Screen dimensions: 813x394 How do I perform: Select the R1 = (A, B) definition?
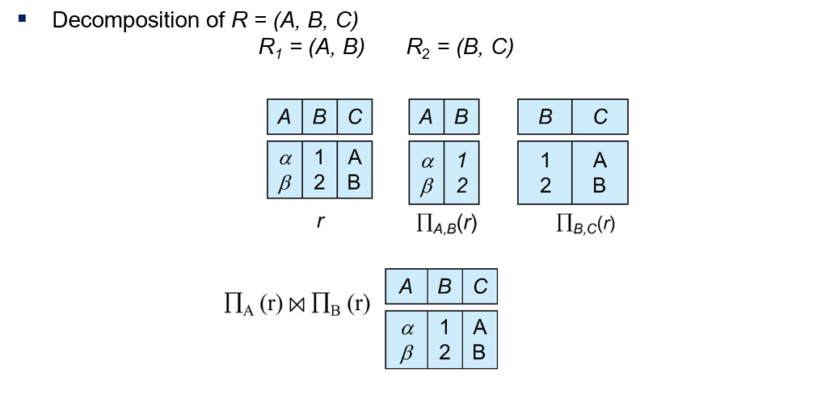(x=311, y=48)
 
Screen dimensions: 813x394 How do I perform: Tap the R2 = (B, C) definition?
(x=460, y=48)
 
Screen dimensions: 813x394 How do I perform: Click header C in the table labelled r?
(x=355, y=117)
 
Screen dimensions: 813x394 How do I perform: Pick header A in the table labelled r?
(x=284, y=117)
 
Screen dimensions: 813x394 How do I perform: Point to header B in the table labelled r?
(x=319, y=117)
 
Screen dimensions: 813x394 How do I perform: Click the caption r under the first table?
(x=320, y=221)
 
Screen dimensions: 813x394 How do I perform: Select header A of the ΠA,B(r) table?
(x=426, y=117)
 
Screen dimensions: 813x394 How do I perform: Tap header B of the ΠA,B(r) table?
(x=461, y=117)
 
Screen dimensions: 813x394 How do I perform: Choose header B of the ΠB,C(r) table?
(x=545, y=117)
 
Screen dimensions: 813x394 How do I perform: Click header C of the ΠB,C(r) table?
(x=600, y=117)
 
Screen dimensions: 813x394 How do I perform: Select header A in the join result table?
(x=406, y=286)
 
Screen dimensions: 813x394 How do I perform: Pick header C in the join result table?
(x=480, y=286)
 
